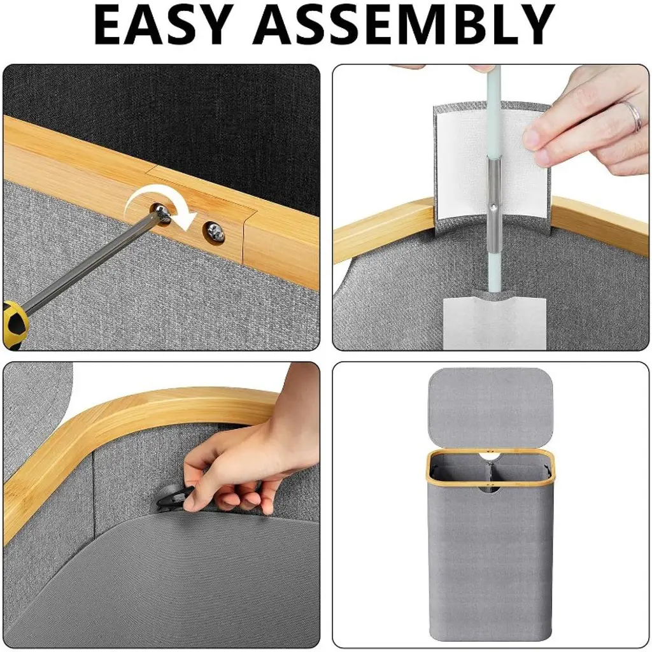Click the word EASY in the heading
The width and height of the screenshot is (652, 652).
coord(164,25)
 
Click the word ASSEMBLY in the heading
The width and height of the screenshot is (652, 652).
coord(403,25)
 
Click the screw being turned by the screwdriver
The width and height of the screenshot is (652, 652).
coord(161,213)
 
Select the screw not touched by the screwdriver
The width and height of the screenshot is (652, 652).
coord(215,232)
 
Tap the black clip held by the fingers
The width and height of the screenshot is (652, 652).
coord(174,497)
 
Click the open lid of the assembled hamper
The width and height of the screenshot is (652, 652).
coord(491,409)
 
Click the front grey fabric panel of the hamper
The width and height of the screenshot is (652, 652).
coord(491,565)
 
